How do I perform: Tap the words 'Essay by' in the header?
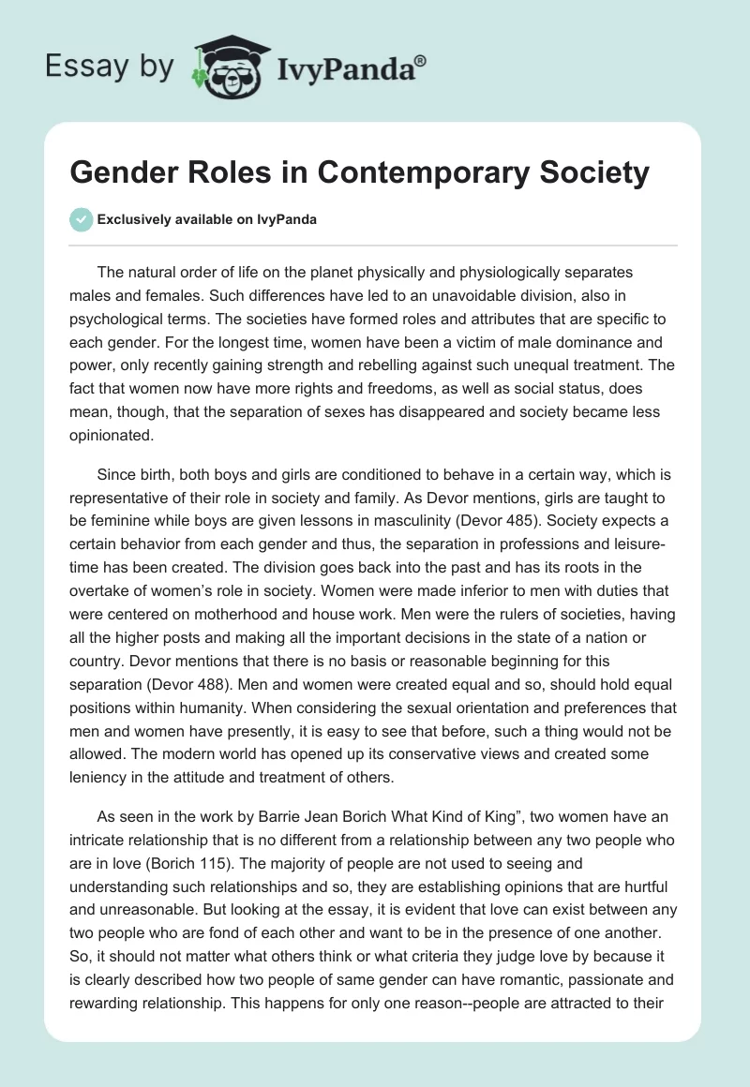(x=110, y=67)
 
